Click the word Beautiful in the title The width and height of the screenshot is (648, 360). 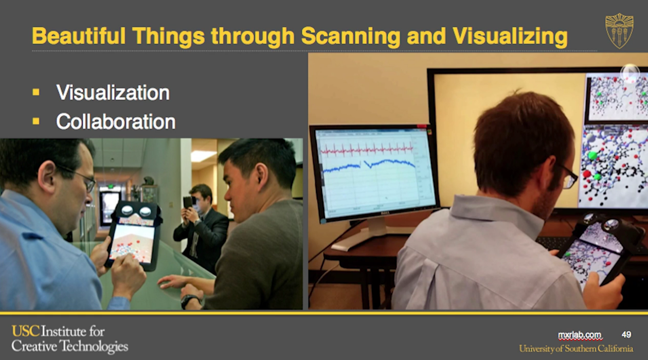pyautogui.click(x=79, y=35)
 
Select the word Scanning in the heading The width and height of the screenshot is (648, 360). pyautogui.click(x=350, y=36)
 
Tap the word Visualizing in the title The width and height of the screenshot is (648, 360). pyautogui.click(x=510, y=36)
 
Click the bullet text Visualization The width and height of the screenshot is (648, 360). pyautogui.click(x=113, y=93)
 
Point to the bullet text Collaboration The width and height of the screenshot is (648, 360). pyautogui.click(x=116, y=121)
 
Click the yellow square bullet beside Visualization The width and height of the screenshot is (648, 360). pyautogui.click(x=36, y=93)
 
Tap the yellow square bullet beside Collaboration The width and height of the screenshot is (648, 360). pyautogui.click(x=36, y=121)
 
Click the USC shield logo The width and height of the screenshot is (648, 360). pyautogui.click(x=619, y=30)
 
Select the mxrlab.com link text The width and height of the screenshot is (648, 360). pyautogui.click(x=580, y=335)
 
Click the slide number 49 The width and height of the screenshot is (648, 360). pyautogui.click(x=626, y=335)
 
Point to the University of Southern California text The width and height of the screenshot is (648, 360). pyautogui.click(x=576, y=348)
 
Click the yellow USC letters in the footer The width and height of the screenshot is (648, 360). pyautogui.click(x=26, y=331)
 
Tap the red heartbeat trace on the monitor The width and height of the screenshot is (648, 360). pyautogui.click(x=367, y=150)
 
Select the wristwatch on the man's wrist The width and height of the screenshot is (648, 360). pyautogui.click(x=189, y=301)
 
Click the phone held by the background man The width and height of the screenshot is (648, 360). pyautogui.click(x=188, y=202)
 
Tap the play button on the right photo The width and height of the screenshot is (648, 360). pyautogui.click(x=630, y=73)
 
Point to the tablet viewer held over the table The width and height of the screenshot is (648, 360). pyautogui.click(x=133, y=236)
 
